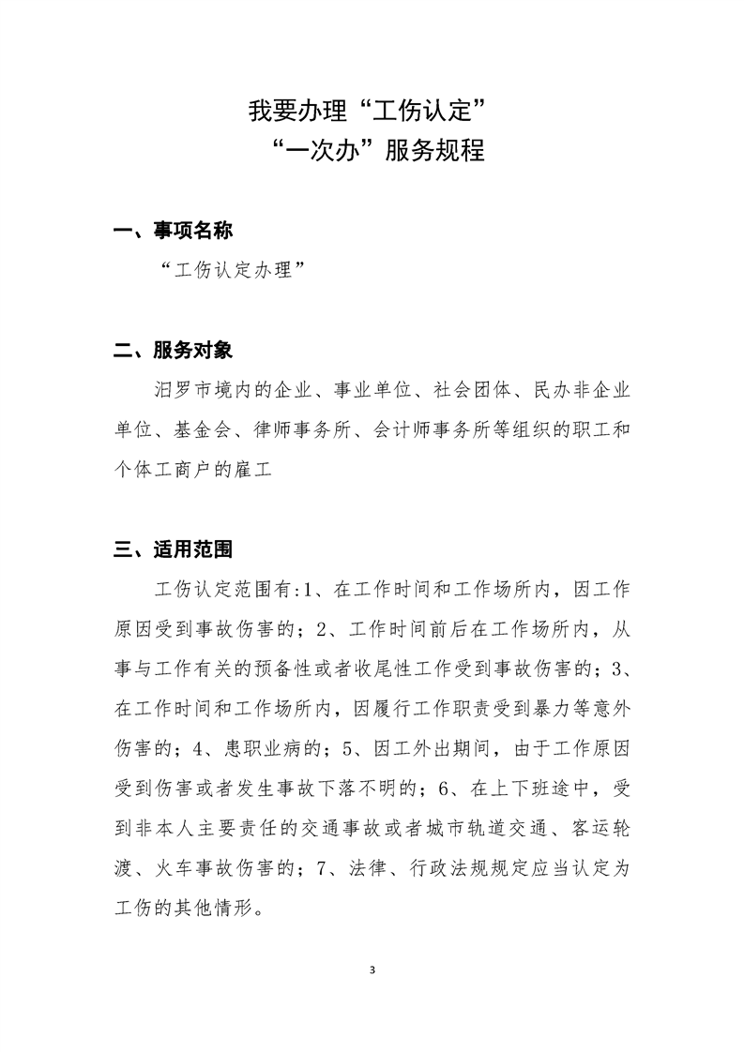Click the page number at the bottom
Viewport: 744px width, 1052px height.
(x=372, y=969)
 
